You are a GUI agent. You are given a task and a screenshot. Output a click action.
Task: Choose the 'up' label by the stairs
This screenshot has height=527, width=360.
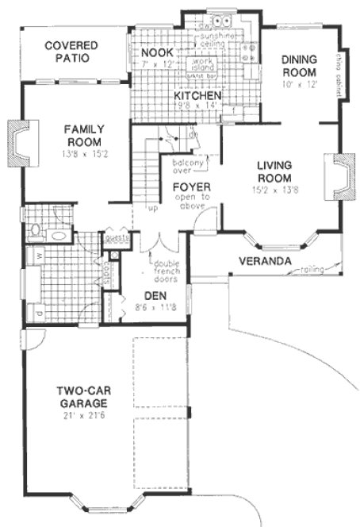[153, 209]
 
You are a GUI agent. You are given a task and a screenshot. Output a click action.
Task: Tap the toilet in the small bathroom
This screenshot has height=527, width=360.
[32, 232]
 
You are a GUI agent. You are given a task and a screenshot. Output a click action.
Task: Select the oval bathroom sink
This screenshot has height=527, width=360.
[58, 235]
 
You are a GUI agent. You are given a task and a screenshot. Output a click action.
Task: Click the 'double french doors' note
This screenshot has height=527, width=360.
[167, 272]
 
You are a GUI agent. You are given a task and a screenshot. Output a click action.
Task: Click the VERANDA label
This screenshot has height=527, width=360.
[263, 261]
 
